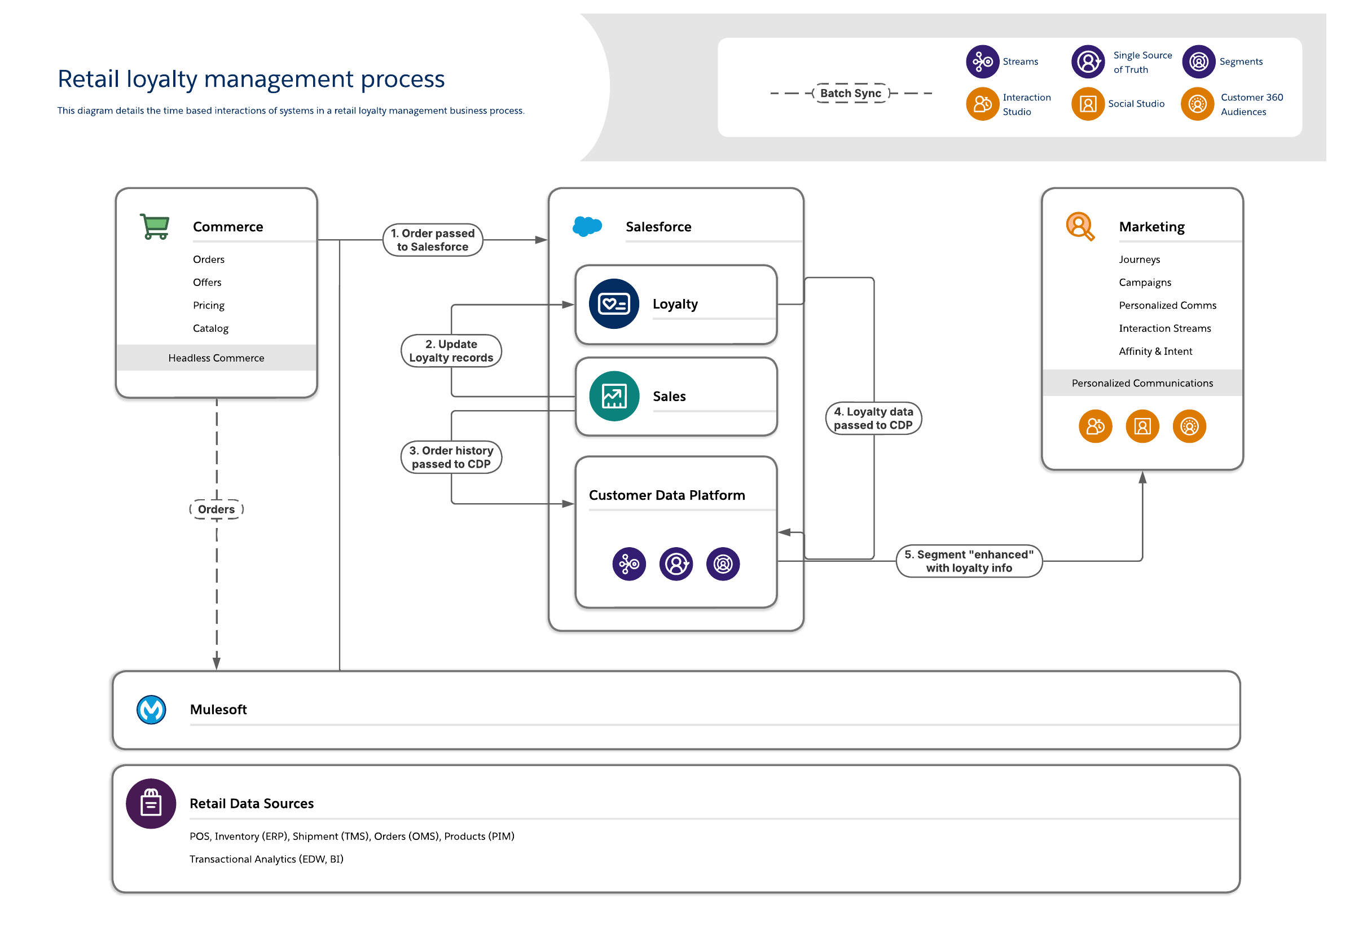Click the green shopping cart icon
click(155, 226)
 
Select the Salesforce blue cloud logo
click(586, 226)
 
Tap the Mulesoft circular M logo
click(151, 710)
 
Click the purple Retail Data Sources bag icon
click(151, 803)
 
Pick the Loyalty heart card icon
click(613, 304)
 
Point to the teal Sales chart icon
click(613, 397)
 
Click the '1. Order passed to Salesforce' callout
click(433, 240)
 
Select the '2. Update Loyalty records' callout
click(451, 351)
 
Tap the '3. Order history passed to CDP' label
click(451, 457)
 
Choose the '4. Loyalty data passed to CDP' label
click(873, 419)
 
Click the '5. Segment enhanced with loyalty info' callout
click(968, 561)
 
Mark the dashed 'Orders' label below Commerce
click(216, 509)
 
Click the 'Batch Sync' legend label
click(850, 93)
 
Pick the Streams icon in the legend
click(982, 61)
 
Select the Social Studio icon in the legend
click(1087, 104)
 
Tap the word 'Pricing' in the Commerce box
click(209, 305)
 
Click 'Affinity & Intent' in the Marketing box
click(1155, 351)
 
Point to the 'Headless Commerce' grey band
click(216, 358)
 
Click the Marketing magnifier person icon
click(1079, 226)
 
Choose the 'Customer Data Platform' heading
click(666, 495)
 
